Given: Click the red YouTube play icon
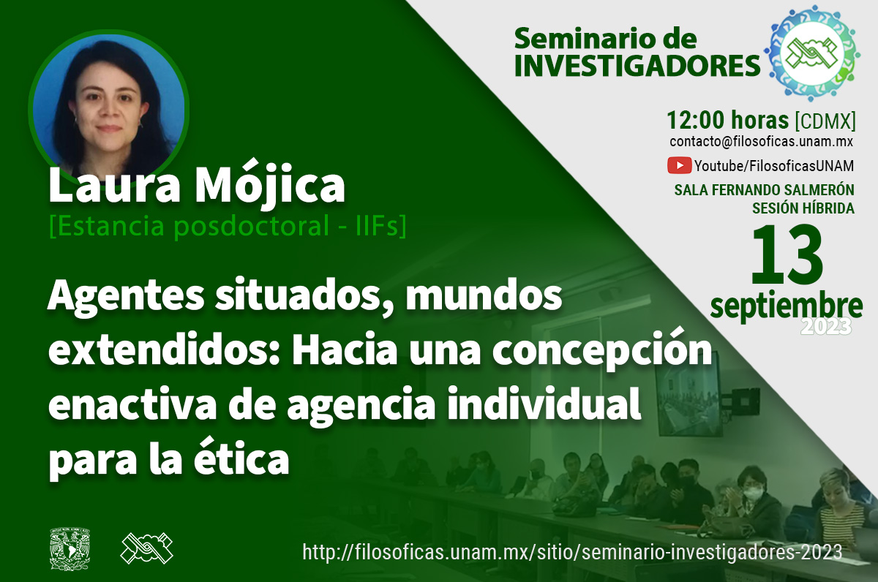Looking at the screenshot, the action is pyautogui.click(x=679, y=165).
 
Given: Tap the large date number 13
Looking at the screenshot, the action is pyautogui.click(x=787, y=254).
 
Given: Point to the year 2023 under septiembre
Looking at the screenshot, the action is pyautogui.click(x=826, y=327).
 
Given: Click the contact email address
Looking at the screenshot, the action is pyautogui.click(x=761, y=141).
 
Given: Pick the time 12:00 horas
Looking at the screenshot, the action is pyautogui.click(x=727, y=120).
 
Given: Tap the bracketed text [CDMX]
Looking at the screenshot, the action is pyautogui.click(x=825, y=121).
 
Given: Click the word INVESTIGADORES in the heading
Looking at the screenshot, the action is pyautogui.click(x=637, y=65).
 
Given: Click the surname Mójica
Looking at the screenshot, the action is pyautogui.click(x=270, y=184).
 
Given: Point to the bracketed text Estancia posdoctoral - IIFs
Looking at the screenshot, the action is pyautogui.click(x=228, y=226).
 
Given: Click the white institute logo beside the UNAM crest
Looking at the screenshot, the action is pyautogui.click(x=146, y=548).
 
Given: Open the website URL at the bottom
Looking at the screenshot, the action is pyautogui.click(x=572, y=552).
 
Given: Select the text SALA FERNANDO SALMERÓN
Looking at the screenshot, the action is pyautogui.click(x=764, y=190).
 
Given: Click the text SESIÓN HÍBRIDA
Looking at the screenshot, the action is pyautogui.click(x=803, y=208).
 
